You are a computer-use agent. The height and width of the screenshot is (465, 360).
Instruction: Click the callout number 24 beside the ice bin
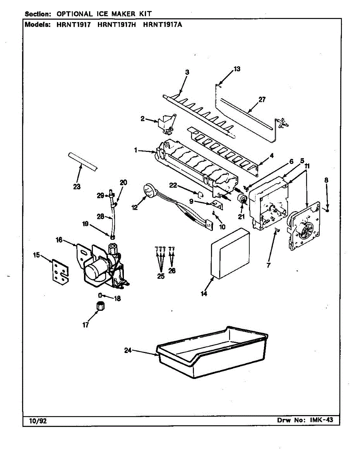click(128, 350)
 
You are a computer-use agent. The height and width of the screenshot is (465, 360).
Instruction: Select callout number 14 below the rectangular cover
click(204, 294)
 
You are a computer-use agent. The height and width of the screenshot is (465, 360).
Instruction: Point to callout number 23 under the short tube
click(77, 187)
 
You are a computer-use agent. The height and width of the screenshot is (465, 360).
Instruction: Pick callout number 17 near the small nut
click(86, 325)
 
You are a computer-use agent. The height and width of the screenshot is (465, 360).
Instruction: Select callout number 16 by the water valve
click(59, 240)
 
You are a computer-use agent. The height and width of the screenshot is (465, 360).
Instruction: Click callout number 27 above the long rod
click(262, 100)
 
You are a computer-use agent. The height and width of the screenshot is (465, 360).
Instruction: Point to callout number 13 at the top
click(237, 69)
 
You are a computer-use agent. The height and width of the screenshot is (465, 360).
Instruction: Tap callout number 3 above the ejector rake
click(187, 72)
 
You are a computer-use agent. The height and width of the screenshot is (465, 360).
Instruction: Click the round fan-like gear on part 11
click(305, 231)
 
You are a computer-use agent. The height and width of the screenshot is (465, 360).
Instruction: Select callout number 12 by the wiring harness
click(134, 208)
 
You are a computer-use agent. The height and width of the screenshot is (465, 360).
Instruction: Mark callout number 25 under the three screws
click(161, 276)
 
